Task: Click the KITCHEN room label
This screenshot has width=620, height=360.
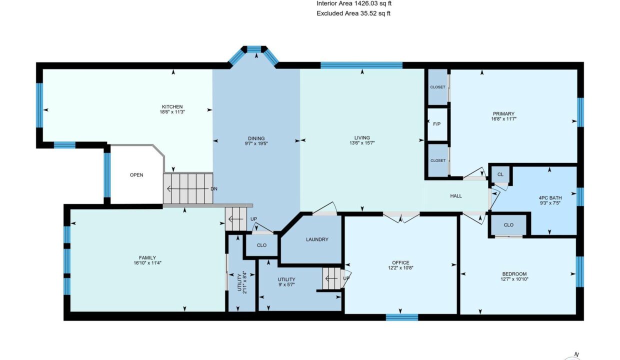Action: coord(172,107)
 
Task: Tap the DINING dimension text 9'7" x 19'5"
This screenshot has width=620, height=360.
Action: coord(256,143)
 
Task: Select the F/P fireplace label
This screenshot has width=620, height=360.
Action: coord(437,124)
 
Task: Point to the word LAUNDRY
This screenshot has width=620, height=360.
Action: coord(317,239)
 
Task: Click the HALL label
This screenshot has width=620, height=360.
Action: coord(456,196)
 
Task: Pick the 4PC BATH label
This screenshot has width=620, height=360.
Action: coord(550,198)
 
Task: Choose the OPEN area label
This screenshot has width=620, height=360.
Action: coord(136,175)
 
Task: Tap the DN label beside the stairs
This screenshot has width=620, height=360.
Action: coord(214,189)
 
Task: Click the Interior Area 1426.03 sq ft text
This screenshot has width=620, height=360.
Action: coord(354,3)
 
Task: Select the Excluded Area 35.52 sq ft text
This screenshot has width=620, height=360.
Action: coord(353,13)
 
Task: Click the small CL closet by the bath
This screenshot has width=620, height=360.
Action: coord(500,174)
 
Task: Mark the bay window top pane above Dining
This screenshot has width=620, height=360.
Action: coord(254,49)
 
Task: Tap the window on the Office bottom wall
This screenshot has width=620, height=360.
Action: coord(402,317)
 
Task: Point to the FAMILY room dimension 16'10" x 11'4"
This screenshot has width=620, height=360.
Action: coord(147,263)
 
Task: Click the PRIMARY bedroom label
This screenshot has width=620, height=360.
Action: coord(503,114)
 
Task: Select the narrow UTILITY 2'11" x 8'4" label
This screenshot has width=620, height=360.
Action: coord(242,282)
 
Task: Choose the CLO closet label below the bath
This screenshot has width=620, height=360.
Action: coord(508,225)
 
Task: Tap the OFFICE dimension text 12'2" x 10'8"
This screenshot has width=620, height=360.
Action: coord(400,268)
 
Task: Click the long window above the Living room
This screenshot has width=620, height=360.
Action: coord(361,65)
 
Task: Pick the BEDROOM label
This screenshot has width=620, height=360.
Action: coord(514,274)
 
